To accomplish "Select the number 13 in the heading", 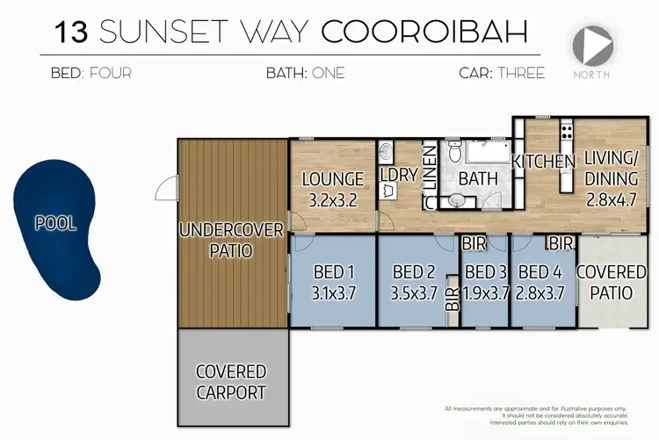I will pos(71,32).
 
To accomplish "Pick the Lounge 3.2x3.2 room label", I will pos(333,188).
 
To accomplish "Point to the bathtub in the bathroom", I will pos(487,155).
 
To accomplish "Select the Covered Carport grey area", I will pos(231,382).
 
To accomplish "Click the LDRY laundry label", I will pos(398,174).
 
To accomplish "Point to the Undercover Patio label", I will pos(231,240).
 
